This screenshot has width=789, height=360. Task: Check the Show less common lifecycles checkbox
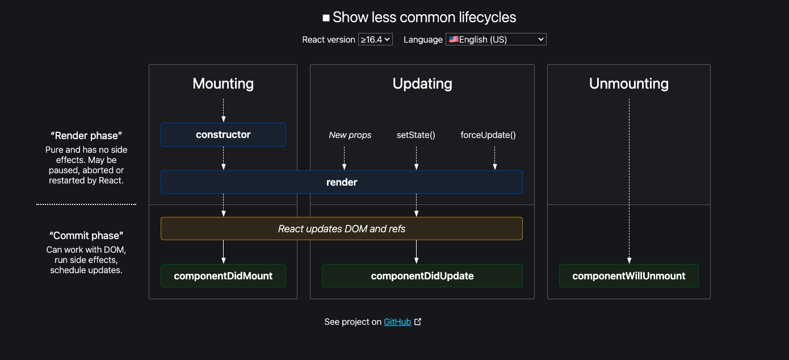pyautogui.click(x=326, y=18)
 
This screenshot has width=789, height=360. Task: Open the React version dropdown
pyautogui.click(x=375, y=39)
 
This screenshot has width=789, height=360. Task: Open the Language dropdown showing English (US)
pyautogui.click(x=496, y=39)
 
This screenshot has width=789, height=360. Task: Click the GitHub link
pyautogui.click(x=397, y=321)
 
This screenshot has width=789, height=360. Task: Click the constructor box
pyautogui.click(x=223, y=135)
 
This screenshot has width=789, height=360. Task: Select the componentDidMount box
pyautogui.click(x=223, y=276)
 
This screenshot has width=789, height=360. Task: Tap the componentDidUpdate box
pyautogui.click(x=422, y=276)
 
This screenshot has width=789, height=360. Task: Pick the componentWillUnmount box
pyautogui.click(x=629, y=276)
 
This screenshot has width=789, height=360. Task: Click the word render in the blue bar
pyautogui.click(x=342, y=182)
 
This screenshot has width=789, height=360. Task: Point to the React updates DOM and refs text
pyautogui.click(x=342, y=229)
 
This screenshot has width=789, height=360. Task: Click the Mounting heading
pyautogui.click(x=223, y=83)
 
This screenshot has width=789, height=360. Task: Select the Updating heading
pyautogui.click(x=422, y=84)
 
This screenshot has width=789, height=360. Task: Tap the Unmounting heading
pyautogui.click(x=629, y=84)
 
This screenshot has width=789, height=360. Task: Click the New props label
pyautogui.click(x=350, y=135)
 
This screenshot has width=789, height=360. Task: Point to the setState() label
pyautogui.click(x=416, y=135)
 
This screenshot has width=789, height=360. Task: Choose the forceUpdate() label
pyautogui.click(x=488, y=135)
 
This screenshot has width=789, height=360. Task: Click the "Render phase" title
pyautogui.click(x=86, y=136)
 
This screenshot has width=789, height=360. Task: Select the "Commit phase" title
pyautogui.click(x=86, y=236)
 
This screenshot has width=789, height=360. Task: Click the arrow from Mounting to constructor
pyautogui.click(x=223, y=111)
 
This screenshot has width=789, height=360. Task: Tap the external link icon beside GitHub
pyautogui.click(x=418, y=321)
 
